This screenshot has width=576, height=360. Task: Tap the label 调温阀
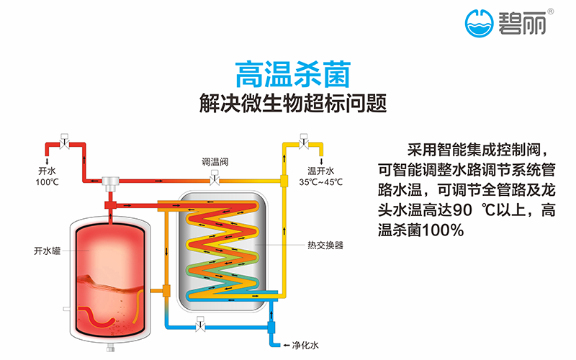pos(215,161)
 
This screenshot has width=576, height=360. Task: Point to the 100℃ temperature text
pos(46,181)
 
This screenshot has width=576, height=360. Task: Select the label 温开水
pos(321,171)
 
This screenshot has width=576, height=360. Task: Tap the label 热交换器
pos(325,245)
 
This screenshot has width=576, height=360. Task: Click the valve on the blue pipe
pos(198,326)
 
